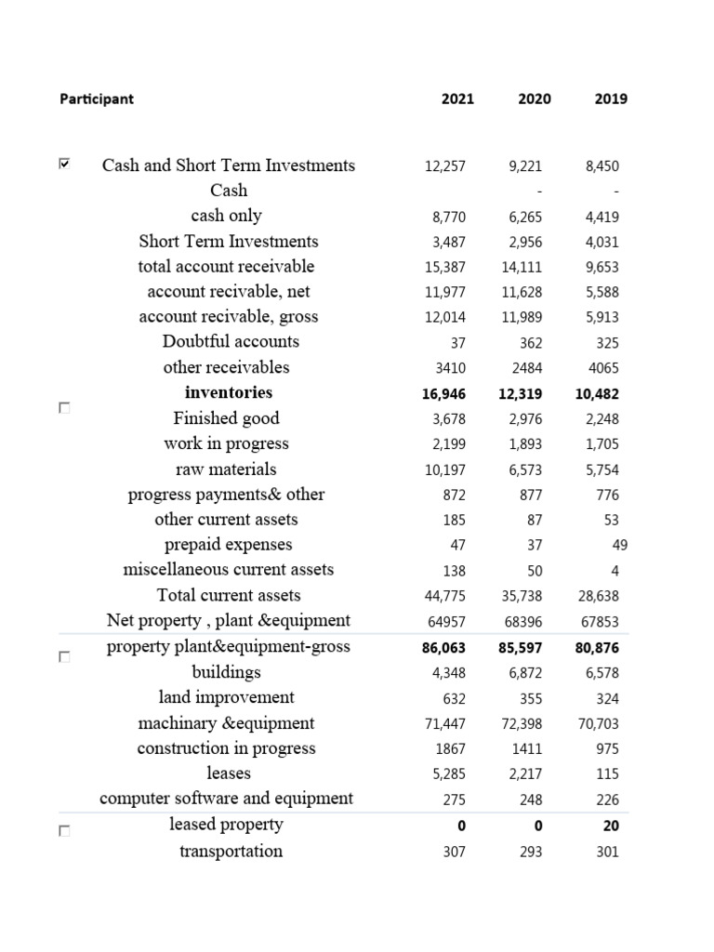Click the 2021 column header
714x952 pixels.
pyautogui.click(x=457, y=99)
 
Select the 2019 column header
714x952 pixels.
pyautogui.click(x=610, y=99)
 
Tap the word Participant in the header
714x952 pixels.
pyautogui.click(x=97, y=99)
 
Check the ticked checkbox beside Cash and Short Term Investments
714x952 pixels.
pyautogui.click(x=63, y=165)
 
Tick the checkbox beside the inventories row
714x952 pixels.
pyautogui.click(x=63, y=408)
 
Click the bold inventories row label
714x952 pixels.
pyautogui.click(x=229, y=392)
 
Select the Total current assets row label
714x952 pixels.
pyautogui.click(x=229, y=595)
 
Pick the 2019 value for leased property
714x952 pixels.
pyautogui.click(x=610, y=826)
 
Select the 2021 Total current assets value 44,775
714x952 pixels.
pyautogui.click(x=445, y=596)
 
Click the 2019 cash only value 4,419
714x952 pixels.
pyautogui.click(x=602, y=218)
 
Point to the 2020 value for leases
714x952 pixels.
pyautogui.click(x=525, y=774)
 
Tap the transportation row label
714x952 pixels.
pyautogui.click(x=231, y=851)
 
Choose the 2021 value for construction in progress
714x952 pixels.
pyautogui.click(x=450, y=749)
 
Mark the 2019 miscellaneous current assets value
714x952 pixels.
pyautogui.click(x=615, y=570)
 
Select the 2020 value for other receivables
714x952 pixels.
pyautogui.click(x=527, y=368)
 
